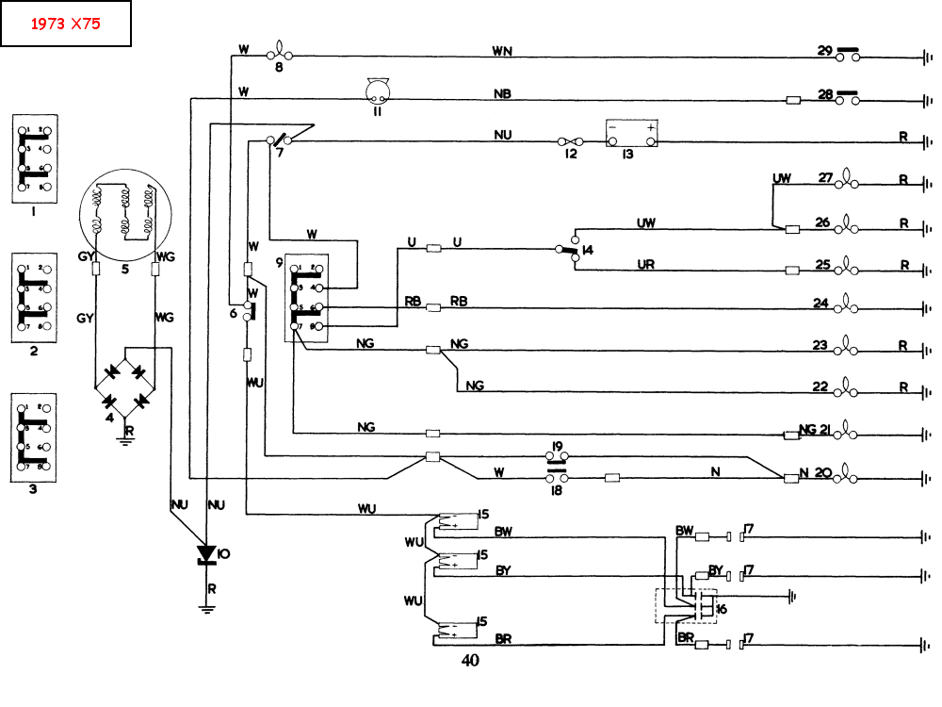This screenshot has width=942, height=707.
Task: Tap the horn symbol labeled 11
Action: pyautogui.click(x=379, y=91)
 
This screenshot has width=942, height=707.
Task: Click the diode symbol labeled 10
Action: pyautogui.click(x=207, y=553)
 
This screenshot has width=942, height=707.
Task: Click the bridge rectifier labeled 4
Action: pyautogui.click(x=125, y=386)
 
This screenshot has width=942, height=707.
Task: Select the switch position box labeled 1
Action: pyautogui.click(x=33, y=157)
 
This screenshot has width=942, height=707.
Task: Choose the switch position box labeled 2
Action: pyautogui.click(x=33, y=297)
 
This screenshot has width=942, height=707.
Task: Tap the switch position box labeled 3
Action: pyautogui.click(x=33, y=436)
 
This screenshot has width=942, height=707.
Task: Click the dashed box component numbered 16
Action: pyautogui.click(x=687, y=605)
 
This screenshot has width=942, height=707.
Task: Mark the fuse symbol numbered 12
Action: pyautogui.click(x=571, y=141)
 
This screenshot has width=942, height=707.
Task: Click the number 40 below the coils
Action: pyautogui.click(x=470, y=661)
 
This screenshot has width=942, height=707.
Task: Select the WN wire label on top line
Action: pyautogui.click(x=502, y=51)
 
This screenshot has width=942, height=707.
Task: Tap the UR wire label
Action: pyautogui.click(x=646, y=265)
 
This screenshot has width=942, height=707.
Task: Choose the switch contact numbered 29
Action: pyautogui.click(x=847, y=55)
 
